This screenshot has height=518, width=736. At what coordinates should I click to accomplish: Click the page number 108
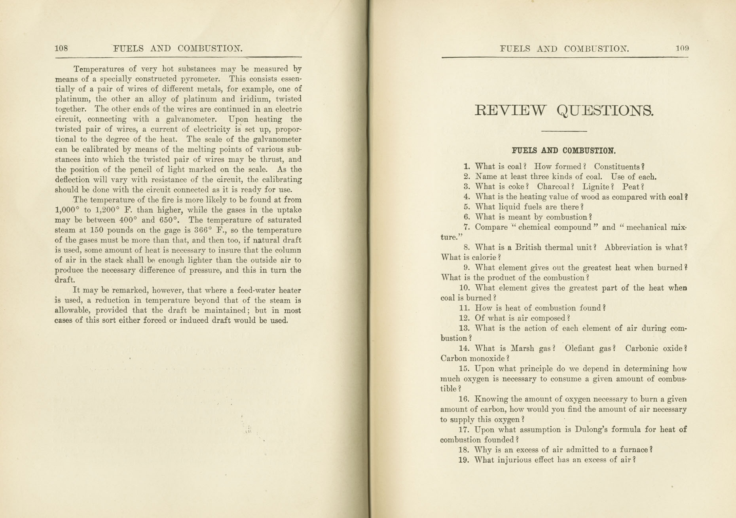point(61,49)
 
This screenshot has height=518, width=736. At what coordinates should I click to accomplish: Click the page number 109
point(682,49)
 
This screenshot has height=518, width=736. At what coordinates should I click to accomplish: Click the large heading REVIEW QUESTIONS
point(564,110)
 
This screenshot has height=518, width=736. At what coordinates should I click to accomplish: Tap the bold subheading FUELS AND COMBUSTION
point(563,151)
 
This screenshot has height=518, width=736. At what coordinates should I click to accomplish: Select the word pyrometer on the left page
point(197,79)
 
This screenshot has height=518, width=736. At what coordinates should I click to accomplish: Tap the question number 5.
point(467,207)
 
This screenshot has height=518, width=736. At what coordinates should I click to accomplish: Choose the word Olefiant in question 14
point(579,348)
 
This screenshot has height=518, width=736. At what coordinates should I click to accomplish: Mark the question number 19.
point(463,460)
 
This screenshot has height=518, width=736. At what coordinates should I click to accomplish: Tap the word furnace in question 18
point(633,450)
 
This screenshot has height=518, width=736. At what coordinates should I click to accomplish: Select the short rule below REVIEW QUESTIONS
point(563,131)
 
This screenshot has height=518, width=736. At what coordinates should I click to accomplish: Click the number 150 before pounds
point(97,230)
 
